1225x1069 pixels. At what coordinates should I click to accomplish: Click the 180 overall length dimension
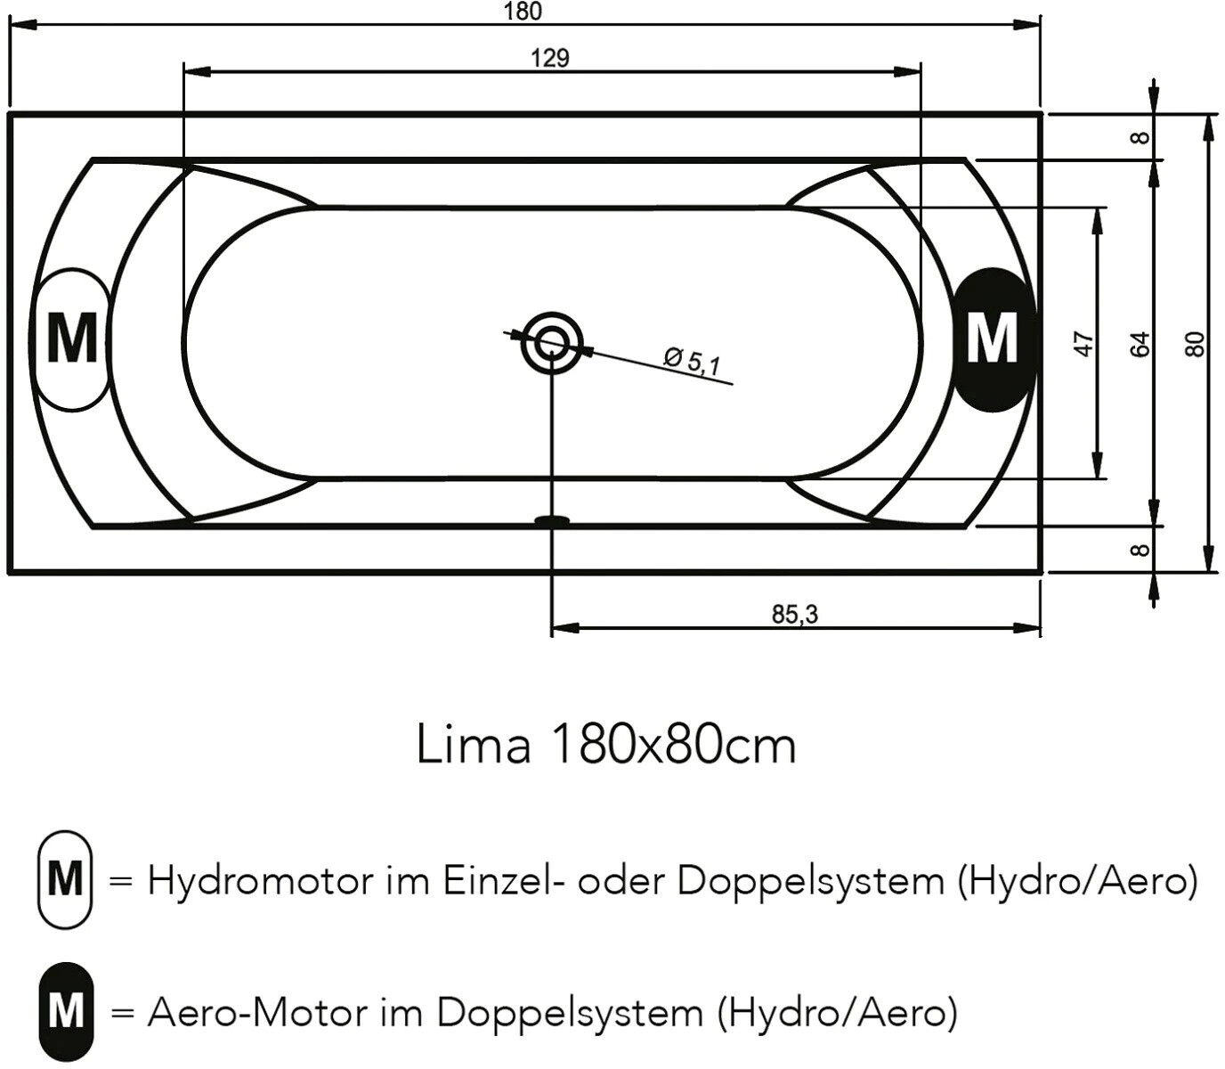523,12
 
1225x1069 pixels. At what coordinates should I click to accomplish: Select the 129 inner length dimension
550,58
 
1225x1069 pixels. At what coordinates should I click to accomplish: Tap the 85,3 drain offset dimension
794,615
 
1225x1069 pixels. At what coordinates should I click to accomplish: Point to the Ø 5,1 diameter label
693,361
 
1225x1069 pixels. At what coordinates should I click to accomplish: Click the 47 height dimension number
1084,344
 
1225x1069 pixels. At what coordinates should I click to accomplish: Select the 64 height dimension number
1141,344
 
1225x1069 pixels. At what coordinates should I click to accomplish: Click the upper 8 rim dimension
1140,138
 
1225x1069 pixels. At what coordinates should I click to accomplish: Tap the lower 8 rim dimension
1140,549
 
